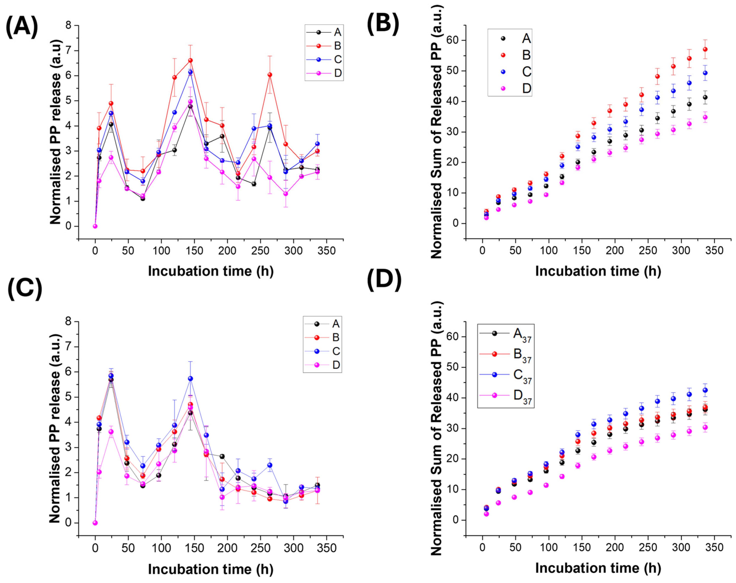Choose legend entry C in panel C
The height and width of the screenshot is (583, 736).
[336, 351]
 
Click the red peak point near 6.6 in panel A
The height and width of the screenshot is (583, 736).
[190, 60]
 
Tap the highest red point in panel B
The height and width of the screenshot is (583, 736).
[705, 49]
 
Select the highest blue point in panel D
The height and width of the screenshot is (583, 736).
[705, 390]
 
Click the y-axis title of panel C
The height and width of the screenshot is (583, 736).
[55, 428]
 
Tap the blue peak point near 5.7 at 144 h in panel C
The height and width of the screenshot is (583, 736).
[190, 379]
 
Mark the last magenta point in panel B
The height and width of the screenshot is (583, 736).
[705, 117]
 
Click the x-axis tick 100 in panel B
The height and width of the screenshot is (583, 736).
[548, 251]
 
